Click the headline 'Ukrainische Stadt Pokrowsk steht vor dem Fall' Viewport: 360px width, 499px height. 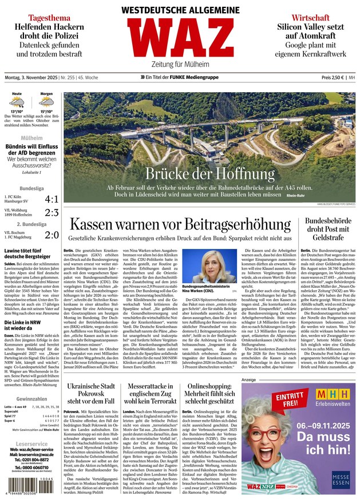[92, 394]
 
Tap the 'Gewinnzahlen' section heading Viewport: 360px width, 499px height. [31, 398]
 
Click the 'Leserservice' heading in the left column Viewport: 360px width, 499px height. [31, 443]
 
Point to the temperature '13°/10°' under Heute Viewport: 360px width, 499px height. [17, 112]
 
